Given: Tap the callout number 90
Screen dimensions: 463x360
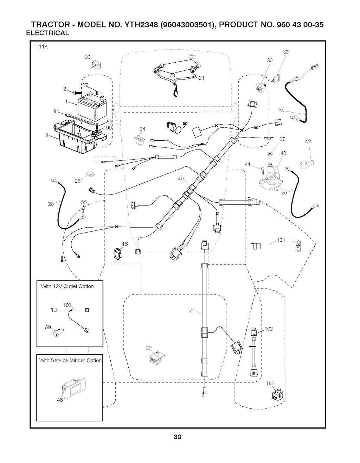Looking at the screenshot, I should [88, 57].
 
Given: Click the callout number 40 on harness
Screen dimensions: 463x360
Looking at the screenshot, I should [181, 179].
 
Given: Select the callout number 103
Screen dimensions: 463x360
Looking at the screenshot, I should [67, 305].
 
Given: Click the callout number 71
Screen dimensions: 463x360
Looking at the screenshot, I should [192, 310].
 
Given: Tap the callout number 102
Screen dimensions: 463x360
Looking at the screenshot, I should [269, 329].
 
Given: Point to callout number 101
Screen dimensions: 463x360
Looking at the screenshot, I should [281, 240].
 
